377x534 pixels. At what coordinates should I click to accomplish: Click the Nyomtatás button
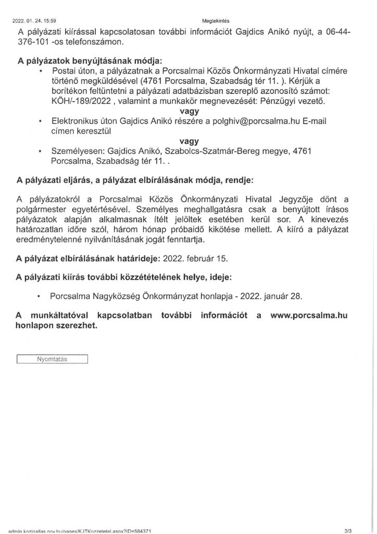52,359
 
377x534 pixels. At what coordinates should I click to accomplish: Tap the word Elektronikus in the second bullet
76,120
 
